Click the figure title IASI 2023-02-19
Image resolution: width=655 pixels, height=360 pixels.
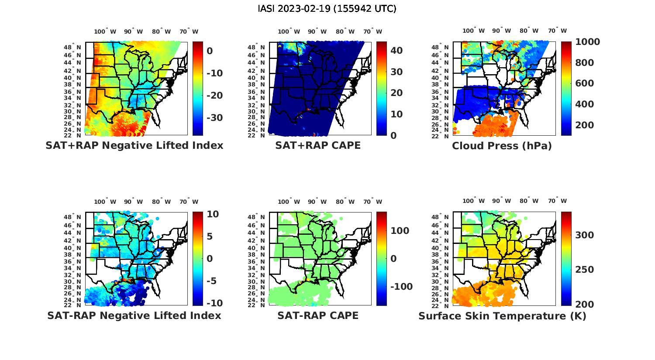(327, 9)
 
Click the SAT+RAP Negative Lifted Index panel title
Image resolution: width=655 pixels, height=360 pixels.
(134, 145)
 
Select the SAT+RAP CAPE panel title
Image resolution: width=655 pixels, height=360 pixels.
(318, 145)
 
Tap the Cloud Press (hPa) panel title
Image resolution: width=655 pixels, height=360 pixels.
(502, 146)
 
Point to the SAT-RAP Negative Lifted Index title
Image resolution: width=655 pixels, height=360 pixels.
(134, 315)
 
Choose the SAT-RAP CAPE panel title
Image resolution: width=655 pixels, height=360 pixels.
(318, 315)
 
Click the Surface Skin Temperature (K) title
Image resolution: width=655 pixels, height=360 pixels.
(502, 316)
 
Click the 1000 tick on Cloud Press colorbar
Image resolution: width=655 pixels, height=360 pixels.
(587, 42)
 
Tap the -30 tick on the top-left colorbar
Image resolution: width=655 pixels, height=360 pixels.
(214, 118)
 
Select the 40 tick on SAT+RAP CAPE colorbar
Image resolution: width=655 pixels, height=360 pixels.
(396, 51)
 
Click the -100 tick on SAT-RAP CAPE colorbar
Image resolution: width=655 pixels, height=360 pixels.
(401, 287)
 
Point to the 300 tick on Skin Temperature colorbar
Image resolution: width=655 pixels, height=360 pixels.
(585, 235)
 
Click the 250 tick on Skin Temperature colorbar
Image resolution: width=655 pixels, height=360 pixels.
(585, 270)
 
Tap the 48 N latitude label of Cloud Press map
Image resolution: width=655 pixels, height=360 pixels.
(440, 48)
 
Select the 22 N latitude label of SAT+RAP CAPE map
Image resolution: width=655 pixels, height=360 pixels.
(256, 135)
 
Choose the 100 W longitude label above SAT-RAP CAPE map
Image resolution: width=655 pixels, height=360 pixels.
(289, 202)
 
